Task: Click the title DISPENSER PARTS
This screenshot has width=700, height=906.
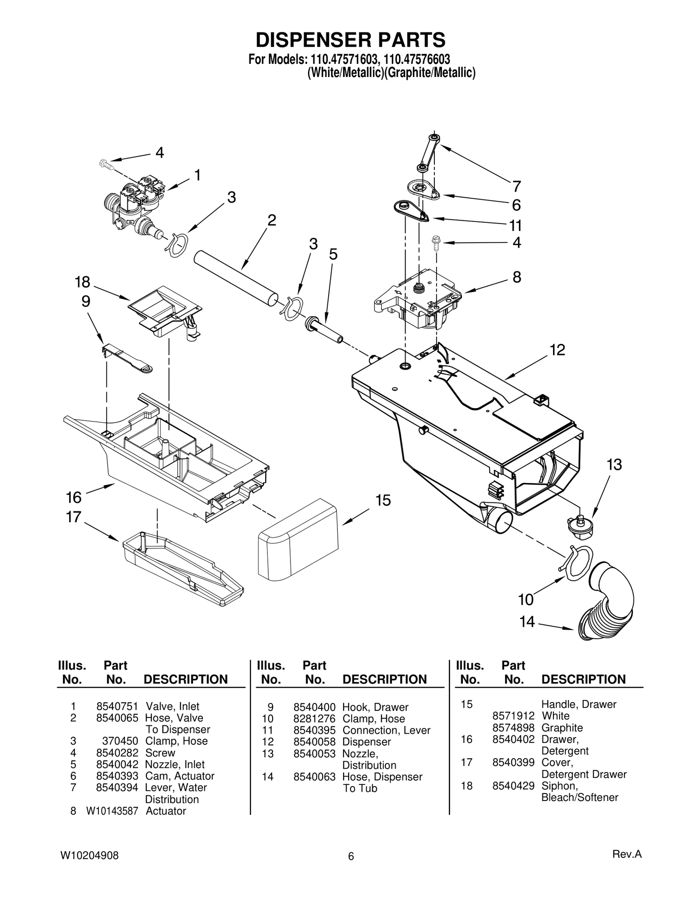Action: (x=350, y=40)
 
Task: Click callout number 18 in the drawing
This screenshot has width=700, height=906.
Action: (x=82, y=282)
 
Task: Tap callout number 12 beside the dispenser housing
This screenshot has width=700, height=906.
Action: (x=557, y=350)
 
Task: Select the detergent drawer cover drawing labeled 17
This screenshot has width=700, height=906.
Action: (x=182, y=567)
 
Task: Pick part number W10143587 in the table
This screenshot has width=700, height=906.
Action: (x=112, y=811)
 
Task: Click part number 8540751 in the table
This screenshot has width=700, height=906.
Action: (x=117, y=707)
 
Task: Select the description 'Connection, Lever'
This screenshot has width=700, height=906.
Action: (x=386, y=730)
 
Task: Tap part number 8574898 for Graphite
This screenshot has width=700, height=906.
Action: (x=513, y=728)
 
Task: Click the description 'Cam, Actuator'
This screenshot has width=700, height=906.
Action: (x=179, y=776)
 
